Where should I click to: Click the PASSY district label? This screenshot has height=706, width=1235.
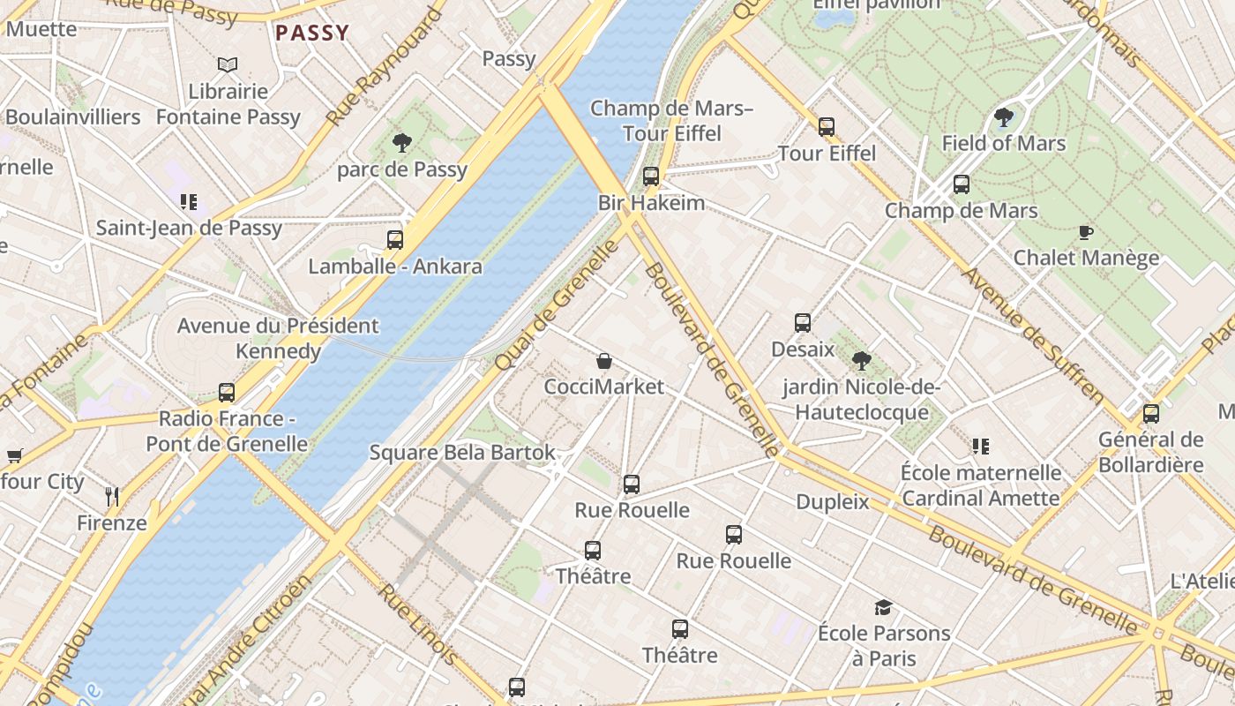tap(312, 34)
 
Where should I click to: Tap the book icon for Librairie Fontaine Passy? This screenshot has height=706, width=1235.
tap(228, 64)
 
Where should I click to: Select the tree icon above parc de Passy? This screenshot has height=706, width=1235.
tap(402, 142)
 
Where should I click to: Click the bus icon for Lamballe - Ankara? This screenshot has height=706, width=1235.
tap(395, 239)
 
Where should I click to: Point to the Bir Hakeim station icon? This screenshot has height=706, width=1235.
tap(651, 176)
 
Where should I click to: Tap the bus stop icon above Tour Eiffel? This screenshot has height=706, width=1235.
tap(827, 126)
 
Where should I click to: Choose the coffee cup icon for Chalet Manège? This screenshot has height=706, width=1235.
tap(1086, 232)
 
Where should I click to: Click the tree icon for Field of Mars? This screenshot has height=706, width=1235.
tap(1003, 116)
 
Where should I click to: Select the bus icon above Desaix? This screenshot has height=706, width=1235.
tap(803, 322)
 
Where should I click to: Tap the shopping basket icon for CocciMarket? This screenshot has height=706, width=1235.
tap(604, 360)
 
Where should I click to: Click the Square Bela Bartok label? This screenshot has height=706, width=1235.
tap(462, 453)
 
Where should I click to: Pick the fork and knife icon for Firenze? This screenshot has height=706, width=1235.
tap(112, 496)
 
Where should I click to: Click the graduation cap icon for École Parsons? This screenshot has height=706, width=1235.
tap(883, 607)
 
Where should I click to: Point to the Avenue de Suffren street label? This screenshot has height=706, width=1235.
tap(1032, 336)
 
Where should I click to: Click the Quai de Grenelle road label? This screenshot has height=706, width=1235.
tap(557, 305)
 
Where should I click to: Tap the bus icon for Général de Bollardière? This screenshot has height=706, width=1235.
tap(1151, 413)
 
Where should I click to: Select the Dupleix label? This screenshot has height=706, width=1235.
tap(833, 502)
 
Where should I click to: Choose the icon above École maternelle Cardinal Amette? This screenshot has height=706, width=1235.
tap(980, 446)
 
